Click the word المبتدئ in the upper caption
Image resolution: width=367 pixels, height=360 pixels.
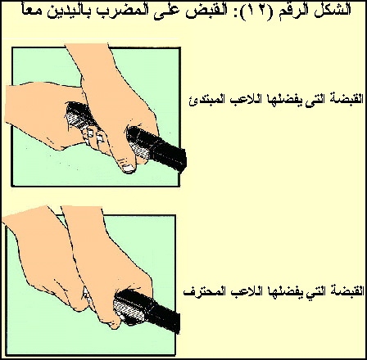[x=207, y=99]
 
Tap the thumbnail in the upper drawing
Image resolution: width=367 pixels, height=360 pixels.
[x=128, y=169]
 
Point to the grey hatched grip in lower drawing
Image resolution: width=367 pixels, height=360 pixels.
[x=129, y=309]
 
